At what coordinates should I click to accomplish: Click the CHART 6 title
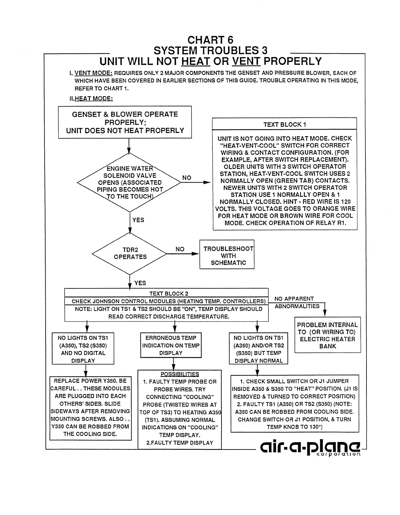point(210,40)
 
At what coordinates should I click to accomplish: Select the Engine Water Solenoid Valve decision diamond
point(129,183)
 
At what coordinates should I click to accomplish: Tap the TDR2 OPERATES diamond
point(130,254)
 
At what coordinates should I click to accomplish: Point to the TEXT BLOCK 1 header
point(284,124)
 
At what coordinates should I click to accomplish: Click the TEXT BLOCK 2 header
point(168,293)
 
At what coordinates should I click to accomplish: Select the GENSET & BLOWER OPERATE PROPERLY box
point(125,122)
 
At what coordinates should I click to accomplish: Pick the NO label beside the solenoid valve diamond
point(187,178)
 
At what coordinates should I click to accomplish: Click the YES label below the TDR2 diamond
point(140,283)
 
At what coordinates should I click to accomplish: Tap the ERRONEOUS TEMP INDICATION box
point(171,345)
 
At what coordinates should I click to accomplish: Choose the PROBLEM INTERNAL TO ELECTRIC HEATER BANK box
point(327,335)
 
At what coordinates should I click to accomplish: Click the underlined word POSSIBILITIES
point(179,374)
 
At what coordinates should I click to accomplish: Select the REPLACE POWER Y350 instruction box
point(91,407)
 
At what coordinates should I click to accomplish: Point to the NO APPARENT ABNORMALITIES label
point(294,302)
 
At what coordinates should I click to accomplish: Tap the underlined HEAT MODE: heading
point(93,98)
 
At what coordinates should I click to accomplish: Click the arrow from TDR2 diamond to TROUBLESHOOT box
point(182,254)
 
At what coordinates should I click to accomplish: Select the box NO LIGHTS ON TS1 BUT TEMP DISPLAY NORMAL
point(259,349)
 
